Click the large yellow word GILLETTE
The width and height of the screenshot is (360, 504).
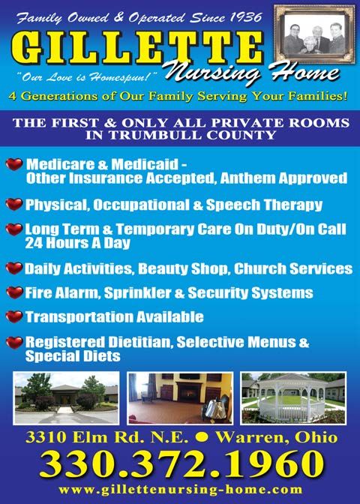click(x=137, y=47)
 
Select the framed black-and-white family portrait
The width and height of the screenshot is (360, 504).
click(x=314, y=34)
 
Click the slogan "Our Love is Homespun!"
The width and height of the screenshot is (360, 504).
click(x=87, y=77)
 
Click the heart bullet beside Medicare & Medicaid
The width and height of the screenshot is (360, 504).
click(x=14, y=164)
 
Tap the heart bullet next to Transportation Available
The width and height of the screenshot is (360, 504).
click(x=14, y=316)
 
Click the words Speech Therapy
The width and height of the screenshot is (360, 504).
click(x=264, y=205)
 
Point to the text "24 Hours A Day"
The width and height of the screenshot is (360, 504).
click(x=77, y=243)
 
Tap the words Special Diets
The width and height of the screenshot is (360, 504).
click(x=73, y=356)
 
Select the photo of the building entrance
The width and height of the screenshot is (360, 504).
click(x=66, y=398)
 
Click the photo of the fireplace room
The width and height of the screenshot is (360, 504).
click(x=180, y=398)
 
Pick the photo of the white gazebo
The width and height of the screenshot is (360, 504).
click(x=293, y=398)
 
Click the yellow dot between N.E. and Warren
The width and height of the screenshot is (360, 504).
click(x=202, y=438)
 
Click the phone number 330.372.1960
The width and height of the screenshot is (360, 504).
click(x=181, y=463)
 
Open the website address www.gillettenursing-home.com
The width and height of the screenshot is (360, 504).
click(x=181, y=490)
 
